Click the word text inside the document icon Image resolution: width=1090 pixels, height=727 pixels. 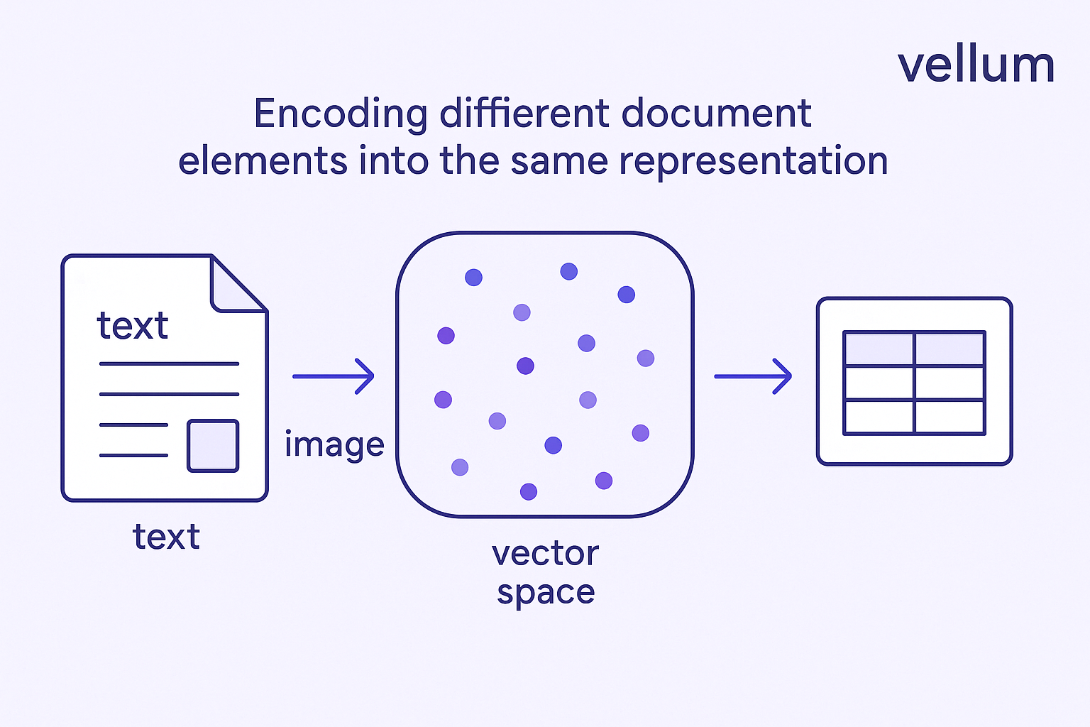pyautogui.click(x=133, y=325)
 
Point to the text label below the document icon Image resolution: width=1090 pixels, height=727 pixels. pyautogui.click(x=166, y=537)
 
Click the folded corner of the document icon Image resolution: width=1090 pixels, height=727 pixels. pyautogui.click(x=238, y=285)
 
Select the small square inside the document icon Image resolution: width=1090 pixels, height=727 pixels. pyautogui.click(x=213, y=446)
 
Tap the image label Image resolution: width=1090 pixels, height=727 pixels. pyautogui.click(x=335, y=444)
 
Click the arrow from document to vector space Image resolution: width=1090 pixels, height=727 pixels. pyautogui.click(x=334, y=376)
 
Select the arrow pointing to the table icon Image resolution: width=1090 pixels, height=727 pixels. pyautogui.click(x=753, y=376)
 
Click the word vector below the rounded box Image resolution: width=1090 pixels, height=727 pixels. pyautogui.click(x=545, y=554)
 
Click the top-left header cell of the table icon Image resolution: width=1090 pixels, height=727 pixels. pyautogui.click(x=879, y=349)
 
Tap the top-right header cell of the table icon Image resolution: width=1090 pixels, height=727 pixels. pyautogui.click(x=950, y=349)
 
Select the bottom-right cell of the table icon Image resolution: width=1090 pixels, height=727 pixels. pyautogui.click(x=950, y=417)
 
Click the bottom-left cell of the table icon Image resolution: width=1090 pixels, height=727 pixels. pyautogui.click(x=879, y=417)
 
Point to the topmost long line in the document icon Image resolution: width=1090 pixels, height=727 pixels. pyautogui.click(x=169, y=363)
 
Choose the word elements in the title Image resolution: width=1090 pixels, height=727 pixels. pyautogui.click(x=263, y=160)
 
